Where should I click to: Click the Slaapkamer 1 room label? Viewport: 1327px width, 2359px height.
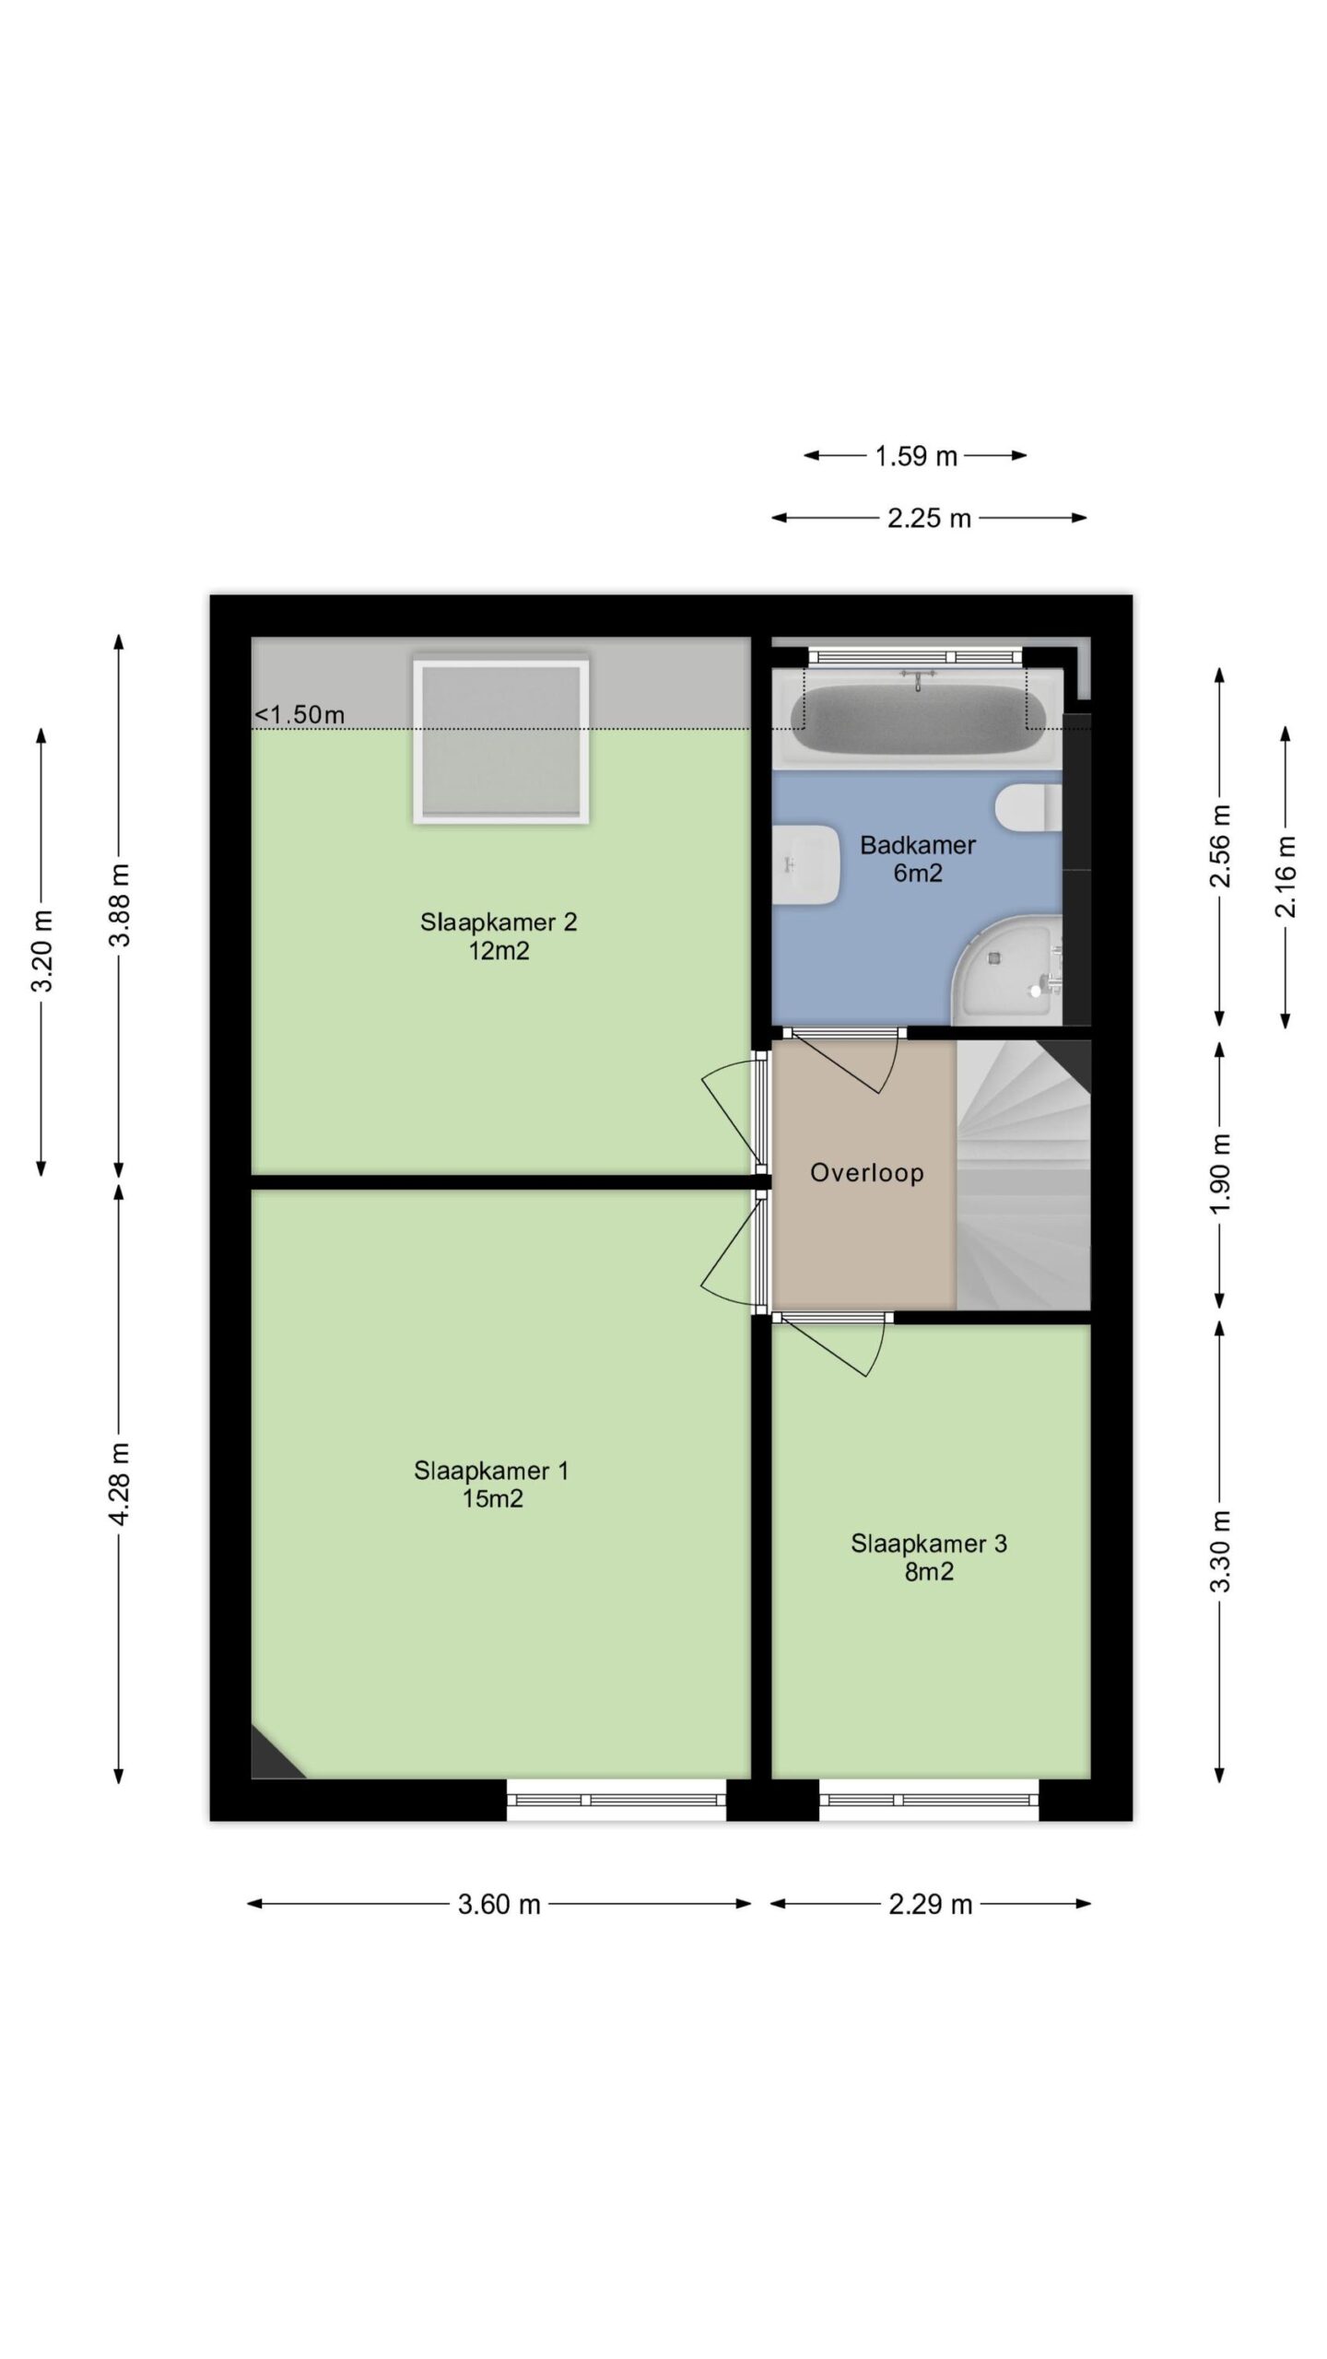point(492,1484)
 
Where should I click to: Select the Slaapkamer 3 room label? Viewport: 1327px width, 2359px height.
point(929,1557)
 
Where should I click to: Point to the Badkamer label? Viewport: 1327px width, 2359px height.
point(918,859)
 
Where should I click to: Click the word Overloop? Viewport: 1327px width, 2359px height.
point(867,1173)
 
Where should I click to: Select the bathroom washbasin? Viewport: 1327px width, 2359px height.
point(805,864)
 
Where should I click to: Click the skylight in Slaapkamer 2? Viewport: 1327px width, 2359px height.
point(501,739)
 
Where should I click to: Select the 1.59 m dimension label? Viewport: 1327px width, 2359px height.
point(916,455)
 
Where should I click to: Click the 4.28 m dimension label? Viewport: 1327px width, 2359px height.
point(120,1485)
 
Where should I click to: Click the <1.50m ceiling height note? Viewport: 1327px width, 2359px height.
point(299,714)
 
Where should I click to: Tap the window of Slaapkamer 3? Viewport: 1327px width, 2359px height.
point(929,1800)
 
